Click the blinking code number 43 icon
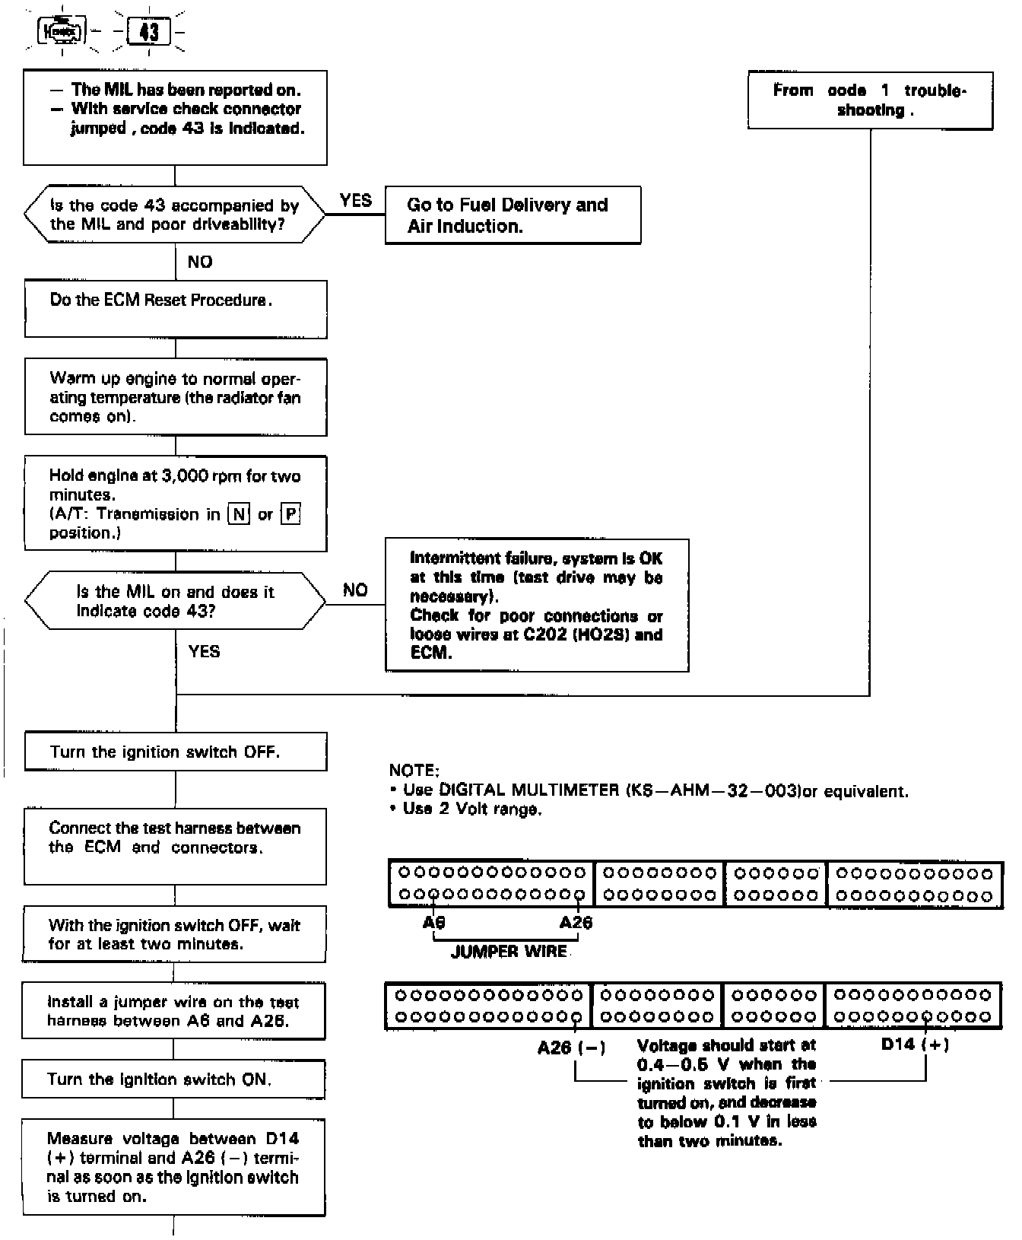[149, 32]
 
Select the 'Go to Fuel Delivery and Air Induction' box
[513, 215]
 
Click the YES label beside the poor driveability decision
[356, 201]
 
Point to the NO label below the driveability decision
[200, 262]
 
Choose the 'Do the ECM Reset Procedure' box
[176, 309]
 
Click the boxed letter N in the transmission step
[239, 514]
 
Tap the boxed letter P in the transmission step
[290, 514]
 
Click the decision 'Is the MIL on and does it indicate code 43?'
[176, 601]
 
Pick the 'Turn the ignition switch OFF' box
[176, 752]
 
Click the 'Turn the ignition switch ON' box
[173, 1079]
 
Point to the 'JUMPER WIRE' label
[509, 952]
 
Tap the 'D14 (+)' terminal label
[915, 1044]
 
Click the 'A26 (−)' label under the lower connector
[571, 1048]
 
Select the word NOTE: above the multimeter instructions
[414, 771]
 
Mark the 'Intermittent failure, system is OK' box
[537, 606]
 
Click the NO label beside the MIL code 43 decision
[355, 590]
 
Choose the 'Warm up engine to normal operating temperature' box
[176, 397]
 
